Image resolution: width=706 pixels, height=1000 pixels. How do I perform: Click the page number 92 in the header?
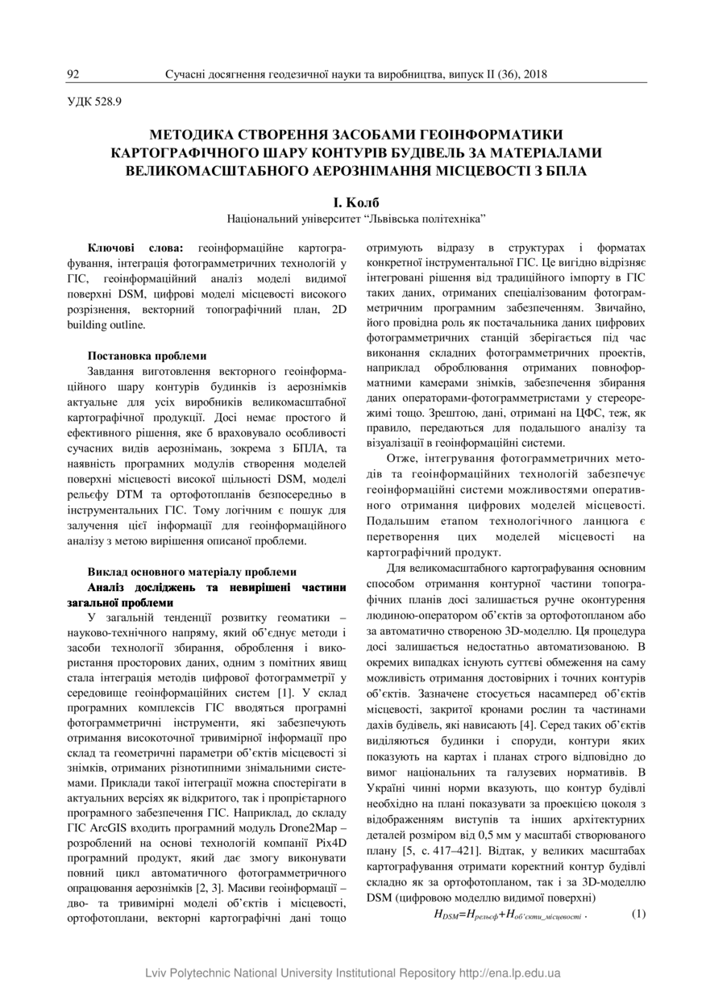pos(73,74)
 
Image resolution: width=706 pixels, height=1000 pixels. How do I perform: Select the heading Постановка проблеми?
pos(147,355)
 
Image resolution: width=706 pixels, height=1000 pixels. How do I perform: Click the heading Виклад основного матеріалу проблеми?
pos(192,571)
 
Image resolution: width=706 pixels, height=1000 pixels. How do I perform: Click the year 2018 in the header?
pos(534,74)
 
